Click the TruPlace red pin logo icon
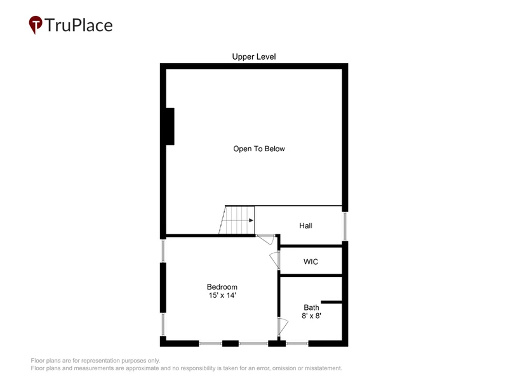pos(36,24)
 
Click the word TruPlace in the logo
pos(79,25)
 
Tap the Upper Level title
pos(254,57)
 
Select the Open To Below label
pos(259,149)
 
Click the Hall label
pos(306,225)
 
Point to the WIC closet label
pos(311,262)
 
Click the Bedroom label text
pos(222,287)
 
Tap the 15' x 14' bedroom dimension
pos(222,295)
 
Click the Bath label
pos(311,307)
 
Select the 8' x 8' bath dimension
pos(311,316)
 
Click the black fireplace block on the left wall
pos(170,126)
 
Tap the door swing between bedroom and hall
pos(265,240)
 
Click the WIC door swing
pos(274,260)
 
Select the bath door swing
pos(283,326)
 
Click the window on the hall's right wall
pos(345,227)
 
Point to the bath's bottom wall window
pos(297,343)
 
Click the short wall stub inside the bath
pos(331,302)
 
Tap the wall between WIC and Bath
pos(311,276)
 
